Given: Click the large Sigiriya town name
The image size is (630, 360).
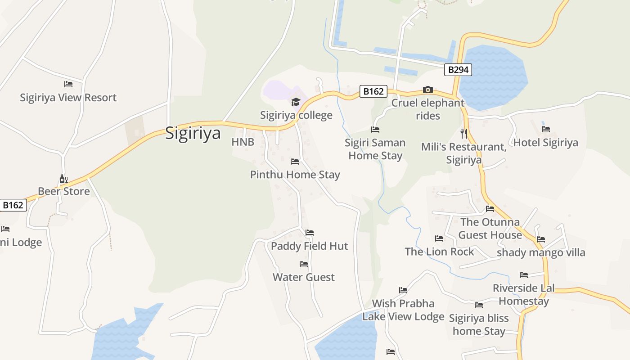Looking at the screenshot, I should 193,133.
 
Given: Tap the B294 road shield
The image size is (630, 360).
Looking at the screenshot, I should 459,70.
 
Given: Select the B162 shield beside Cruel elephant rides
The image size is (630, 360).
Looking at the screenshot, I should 373,91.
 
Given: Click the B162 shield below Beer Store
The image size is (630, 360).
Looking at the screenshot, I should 13,205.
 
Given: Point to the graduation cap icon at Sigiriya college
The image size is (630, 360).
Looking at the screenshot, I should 296,102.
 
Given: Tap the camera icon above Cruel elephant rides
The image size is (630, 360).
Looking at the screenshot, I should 427,90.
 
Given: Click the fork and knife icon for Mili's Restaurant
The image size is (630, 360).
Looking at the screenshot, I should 464,133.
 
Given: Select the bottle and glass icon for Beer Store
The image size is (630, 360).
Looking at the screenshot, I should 64,179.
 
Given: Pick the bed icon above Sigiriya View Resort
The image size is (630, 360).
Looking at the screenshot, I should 68,84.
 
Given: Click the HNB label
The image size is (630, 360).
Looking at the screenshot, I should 243,142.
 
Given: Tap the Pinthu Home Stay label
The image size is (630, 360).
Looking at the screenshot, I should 295,175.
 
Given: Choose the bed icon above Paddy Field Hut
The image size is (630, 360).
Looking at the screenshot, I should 310,233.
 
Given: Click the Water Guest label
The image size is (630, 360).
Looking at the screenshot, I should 304,277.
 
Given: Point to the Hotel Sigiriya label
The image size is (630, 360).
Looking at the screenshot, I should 545,143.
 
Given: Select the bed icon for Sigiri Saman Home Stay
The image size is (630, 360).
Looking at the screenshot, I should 375,130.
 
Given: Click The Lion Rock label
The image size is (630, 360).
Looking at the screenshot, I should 439,252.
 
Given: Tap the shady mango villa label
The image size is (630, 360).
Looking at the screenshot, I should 541,252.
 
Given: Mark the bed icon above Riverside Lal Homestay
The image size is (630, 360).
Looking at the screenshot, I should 524,275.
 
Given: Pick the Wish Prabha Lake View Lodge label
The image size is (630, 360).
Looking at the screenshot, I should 403,310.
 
